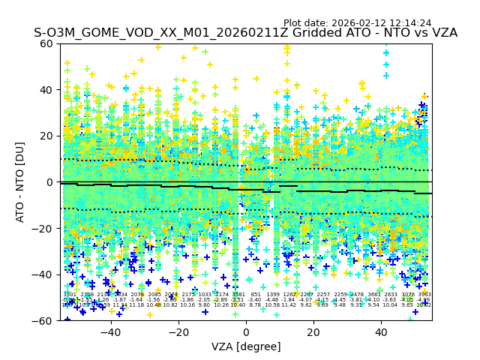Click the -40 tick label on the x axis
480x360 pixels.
(x=110, y=332)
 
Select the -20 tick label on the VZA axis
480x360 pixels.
(x=178, y=332)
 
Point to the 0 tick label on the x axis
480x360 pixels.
(x=246, y=332)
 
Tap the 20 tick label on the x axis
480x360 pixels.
(x=313, y=332)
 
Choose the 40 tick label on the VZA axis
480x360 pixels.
(x=381, y=332)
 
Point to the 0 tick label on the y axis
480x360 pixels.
(x=50, y=182)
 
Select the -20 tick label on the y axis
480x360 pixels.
(x=44, y=228)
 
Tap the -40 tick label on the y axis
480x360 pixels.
(x=44, y=274)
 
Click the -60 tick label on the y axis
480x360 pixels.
(x=44, y=320)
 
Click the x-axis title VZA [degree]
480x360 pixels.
(x=246, y=346)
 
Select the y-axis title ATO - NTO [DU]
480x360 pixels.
(x=21, y=182)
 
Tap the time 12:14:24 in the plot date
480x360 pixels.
(x=409, y=23)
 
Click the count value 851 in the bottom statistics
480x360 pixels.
(x=256, y=295)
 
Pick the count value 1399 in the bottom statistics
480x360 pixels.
(x=272, y=295)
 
